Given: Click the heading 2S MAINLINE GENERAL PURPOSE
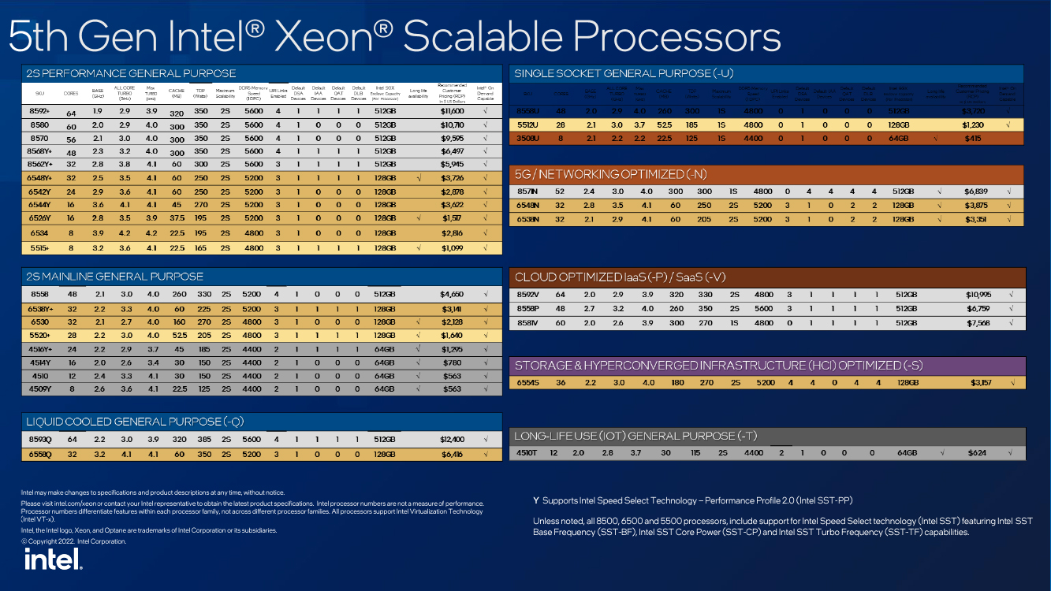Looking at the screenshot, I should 114,277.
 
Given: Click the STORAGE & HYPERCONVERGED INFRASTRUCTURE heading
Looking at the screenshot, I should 717,366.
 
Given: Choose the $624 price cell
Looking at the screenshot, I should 977,453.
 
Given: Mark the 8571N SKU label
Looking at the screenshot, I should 528,191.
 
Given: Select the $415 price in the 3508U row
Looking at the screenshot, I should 973,138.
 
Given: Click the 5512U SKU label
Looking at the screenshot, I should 527,125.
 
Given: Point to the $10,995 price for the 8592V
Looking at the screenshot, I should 977,295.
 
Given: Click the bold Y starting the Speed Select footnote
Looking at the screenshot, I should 536,500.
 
